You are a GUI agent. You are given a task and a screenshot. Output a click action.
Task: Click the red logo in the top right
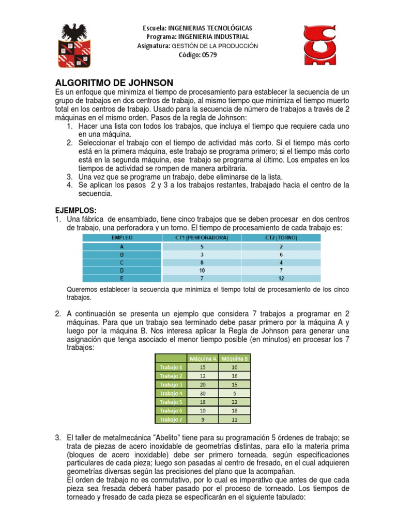[324, 45]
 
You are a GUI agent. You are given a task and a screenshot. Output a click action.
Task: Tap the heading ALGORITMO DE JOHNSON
[114, 83]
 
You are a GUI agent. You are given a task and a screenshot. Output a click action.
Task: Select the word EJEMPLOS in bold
[76, 210]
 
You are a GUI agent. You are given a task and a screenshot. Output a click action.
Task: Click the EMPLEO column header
[122, 238]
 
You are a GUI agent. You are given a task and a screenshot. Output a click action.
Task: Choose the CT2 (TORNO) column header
[281, 238]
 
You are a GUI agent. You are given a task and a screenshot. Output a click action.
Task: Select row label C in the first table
[122, 262]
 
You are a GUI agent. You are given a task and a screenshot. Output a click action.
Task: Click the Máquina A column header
[202, 358]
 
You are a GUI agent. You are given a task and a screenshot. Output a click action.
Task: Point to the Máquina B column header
[234, 358]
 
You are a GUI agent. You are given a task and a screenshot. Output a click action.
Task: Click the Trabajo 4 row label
[171, 393]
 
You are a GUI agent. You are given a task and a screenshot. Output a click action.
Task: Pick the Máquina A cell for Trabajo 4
[202, 393]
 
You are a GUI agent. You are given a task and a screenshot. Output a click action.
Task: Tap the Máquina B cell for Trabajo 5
[234, 402]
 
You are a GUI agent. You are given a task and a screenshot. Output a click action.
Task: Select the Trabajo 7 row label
[171, 419]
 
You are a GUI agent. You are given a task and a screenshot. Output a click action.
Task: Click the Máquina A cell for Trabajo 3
[202, 384]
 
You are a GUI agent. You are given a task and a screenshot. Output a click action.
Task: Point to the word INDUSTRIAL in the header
[228, 37]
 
